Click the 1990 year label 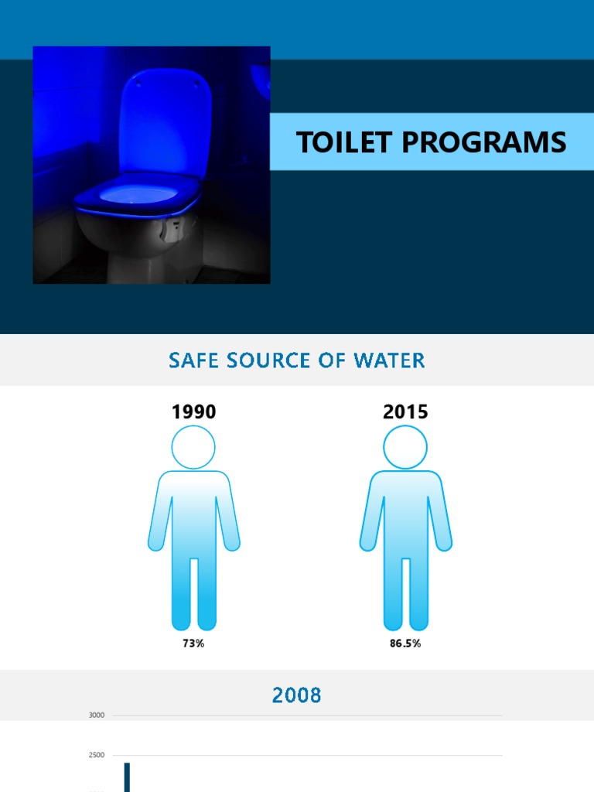194,412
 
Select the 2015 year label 405,412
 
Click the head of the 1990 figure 194,447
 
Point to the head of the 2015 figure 405,447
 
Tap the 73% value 194,643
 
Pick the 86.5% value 405,643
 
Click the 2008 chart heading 297,695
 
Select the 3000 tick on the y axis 97,715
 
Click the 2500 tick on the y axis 97,755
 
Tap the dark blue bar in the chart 128,777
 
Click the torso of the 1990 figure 194,514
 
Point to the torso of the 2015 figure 405,514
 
